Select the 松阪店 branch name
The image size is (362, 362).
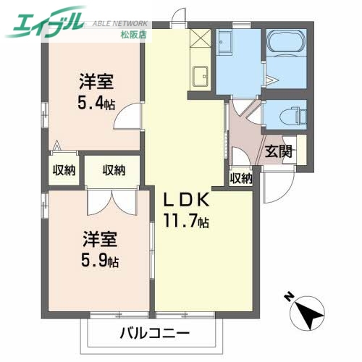tap(127, 34)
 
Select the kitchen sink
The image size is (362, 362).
tap(201, 74)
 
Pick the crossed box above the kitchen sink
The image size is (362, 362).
tap(201, 38)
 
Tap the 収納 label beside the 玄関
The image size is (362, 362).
tap(241, 178)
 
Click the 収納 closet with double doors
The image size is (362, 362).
tap(113, 171)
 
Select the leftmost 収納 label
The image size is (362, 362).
tap(63, 171)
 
